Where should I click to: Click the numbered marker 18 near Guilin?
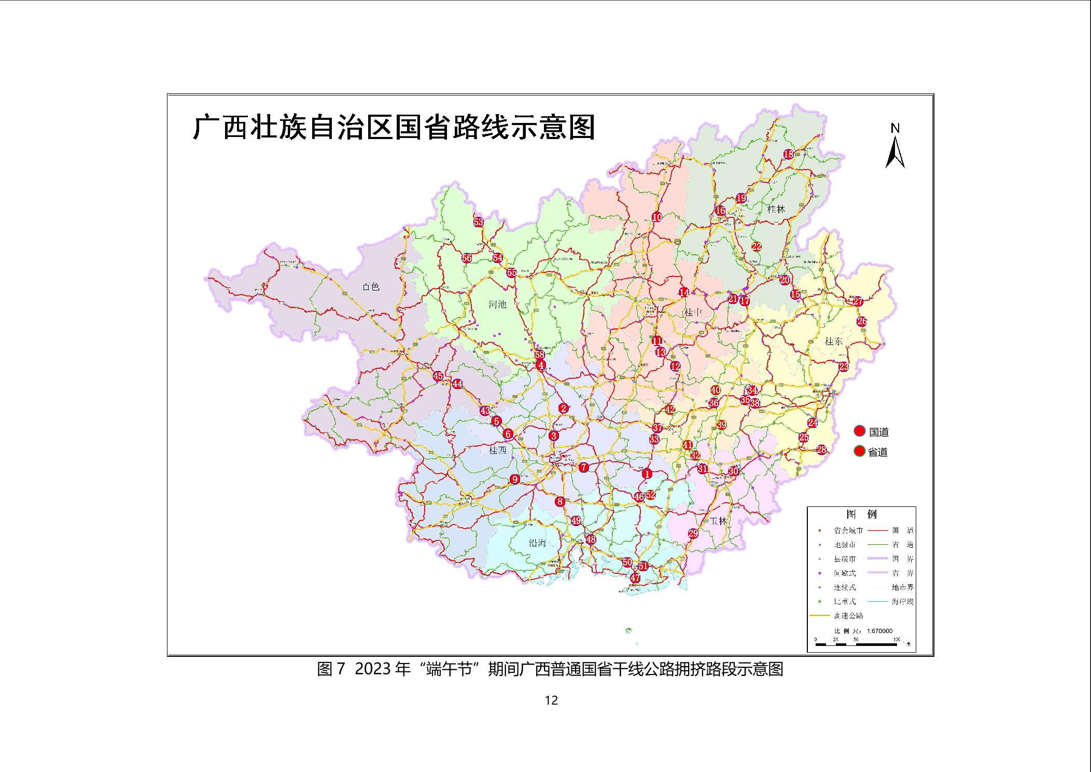coord(788,154)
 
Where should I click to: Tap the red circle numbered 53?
coord(478,222)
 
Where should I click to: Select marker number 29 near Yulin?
coord(693,533)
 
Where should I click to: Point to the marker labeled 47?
coord(635,578)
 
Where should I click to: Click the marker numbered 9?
coord(515,479)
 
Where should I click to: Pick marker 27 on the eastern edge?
coord(858,301)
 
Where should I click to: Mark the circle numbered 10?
coord(656,217)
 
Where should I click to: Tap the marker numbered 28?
coord(821,450)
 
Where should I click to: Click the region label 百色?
coord(371,287)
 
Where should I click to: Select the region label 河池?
coord(497,305)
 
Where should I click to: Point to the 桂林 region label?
coord(776,210)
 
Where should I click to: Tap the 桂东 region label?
coord(834,341)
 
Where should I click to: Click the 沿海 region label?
coord(537,543)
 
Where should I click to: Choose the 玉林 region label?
coord(719,521)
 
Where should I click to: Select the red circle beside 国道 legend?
coord(860,431)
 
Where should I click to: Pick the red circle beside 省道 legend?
coord(860,451)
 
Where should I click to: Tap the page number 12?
coord(551,700)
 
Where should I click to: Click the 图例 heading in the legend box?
coord(861,514)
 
